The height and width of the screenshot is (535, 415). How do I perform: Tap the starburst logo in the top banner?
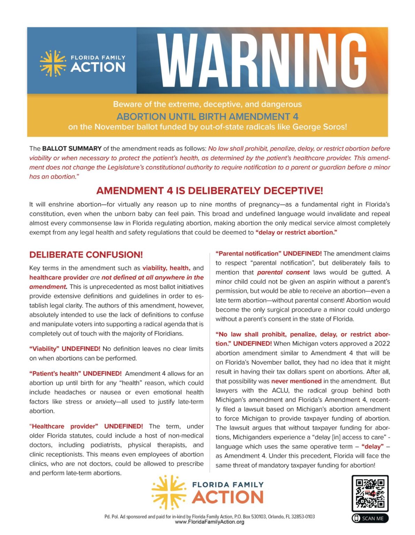pos(53,63)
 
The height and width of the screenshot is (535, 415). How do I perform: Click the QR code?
pos(370,493)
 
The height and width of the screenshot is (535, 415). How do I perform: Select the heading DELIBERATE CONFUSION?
pos(86,255)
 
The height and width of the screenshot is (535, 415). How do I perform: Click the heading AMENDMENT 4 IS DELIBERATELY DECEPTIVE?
pos(209,191)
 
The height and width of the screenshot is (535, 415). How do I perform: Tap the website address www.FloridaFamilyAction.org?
pos(209,522)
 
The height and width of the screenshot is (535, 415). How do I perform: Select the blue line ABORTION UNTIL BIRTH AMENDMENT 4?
pos(207,116)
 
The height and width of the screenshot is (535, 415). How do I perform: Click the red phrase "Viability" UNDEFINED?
pos(65,349)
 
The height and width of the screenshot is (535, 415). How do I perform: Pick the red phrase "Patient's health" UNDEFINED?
pos(75,373)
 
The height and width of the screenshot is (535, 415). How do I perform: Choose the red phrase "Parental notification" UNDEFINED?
pos(268,254)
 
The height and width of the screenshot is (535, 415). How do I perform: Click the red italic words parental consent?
pos(283,272)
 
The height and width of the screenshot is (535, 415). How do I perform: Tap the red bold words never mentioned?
pos(296,381)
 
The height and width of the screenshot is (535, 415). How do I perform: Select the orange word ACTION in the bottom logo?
pos(228,497)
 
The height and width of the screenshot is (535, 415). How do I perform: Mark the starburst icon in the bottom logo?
pos(169,491)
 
